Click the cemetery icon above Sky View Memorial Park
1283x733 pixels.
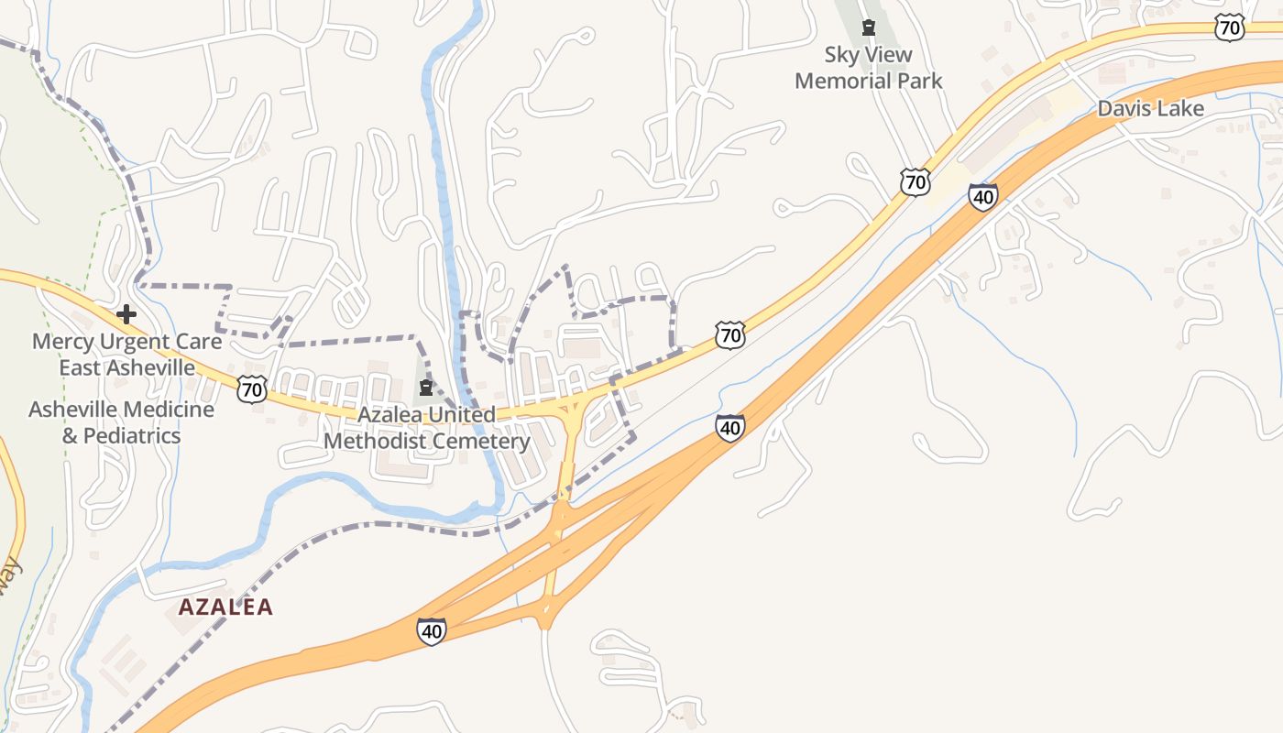869,27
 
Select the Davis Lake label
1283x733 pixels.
1150,108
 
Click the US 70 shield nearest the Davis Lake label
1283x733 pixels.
1229,28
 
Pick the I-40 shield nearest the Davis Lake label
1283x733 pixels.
982,196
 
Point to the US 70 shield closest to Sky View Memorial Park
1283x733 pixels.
915,181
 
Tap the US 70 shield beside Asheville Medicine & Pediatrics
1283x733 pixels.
251,389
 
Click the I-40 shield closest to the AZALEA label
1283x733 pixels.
432,630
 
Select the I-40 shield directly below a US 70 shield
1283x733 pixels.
729,427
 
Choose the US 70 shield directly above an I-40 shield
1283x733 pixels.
729,335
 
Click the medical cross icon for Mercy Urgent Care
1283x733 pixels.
126,315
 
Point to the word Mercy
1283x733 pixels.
62,342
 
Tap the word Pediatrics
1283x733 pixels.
133,435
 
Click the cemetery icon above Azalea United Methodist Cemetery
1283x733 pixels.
425,388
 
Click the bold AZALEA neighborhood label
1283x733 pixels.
225,607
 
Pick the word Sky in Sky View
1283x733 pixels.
841,55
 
